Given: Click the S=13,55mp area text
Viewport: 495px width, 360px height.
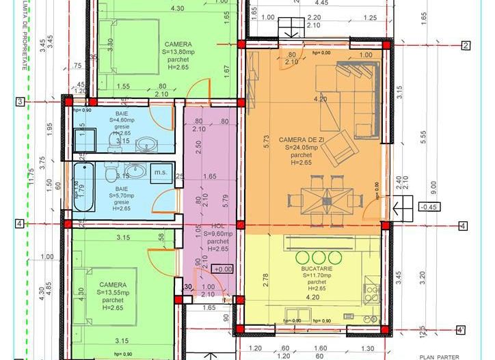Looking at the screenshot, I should (113, 292).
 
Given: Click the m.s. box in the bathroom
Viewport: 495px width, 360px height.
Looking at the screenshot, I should (161, 171).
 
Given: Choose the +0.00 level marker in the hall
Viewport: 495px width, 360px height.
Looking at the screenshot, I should (223, 270).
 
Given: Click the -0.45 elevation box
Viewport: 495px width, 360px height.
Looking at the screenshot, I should (429, 207).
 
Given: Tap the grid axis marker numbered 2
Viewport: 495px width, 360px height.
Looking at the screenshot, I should (465, 46).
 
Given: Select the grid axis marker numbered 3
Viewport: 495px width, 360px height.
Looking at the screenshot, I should (21, 102).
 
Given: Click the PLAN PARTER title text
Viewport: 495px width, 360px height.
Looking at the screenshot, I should (438, 355).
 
